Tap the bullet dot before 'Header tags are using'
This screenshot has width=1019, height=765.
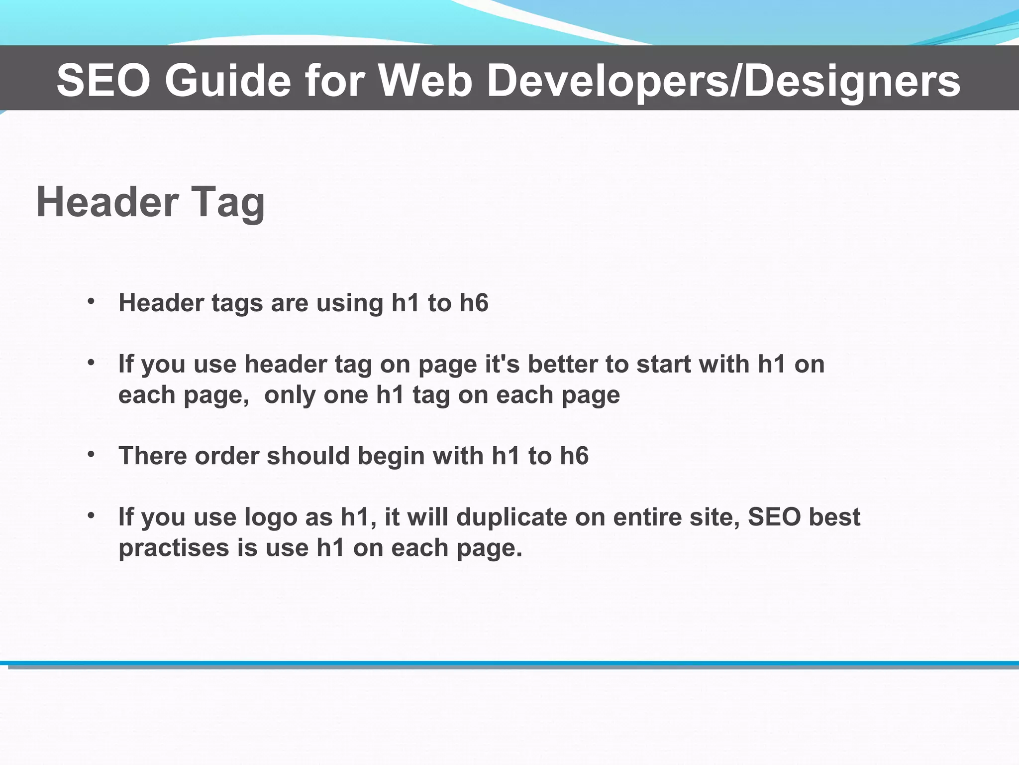click(x=91, y=301)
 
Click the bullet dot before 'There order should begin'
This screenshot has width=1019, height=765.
click(x=91, y=454)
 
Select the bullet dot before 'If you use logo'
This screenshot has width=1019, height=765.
click(x=91, y=515)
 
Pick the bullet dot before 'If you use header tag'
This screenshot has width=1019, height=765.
click(x=91, y=363)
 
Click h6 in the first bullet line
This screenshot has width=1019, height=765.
click(x=474, y=303)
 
